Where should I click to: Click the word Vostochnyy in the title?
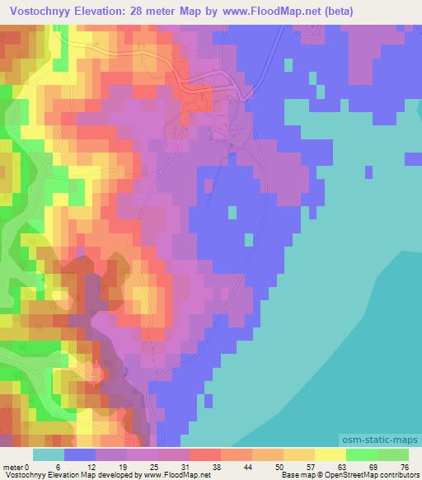pyautogui.click(x=40, y=11)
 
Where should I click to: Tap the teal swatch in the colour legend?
pyautogui.click(x=49, y=455)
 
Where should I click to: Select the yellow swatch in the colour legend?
pyautogui.click(x=331, y=455)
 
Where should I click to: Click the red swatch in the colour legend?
pyautogui.click(x=206, y=455)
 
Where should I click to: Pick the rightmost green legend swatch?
pyautogui.click(x=393, y=455)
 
